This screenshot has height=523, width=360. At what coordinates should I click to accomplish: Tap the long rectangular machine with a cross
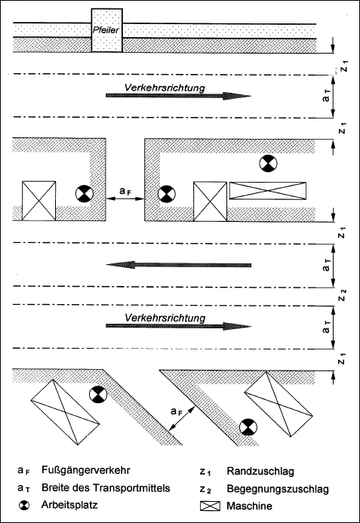[268, 192]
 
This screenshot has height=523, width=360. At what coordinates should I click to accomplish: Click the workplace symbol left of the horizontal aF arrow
[83, 193]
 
